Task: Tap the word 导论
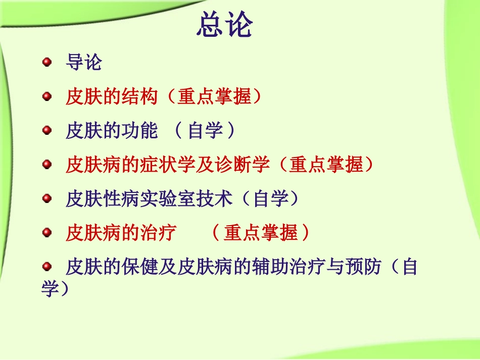pos(84,63)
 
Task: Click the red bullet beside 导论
pos(47,62)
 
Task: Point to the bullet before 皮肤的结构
pos(47,96)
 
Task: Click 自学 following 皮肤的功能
pos(205,131)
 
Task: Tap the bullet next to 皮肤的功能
pos(47,130)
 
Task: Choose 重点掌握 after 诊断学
pos(326,165)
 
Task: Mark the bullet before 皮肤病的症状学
pos(47,164)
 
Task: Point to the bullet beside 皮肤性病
pos(47,198)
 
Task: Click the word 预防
pos(354,267)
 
